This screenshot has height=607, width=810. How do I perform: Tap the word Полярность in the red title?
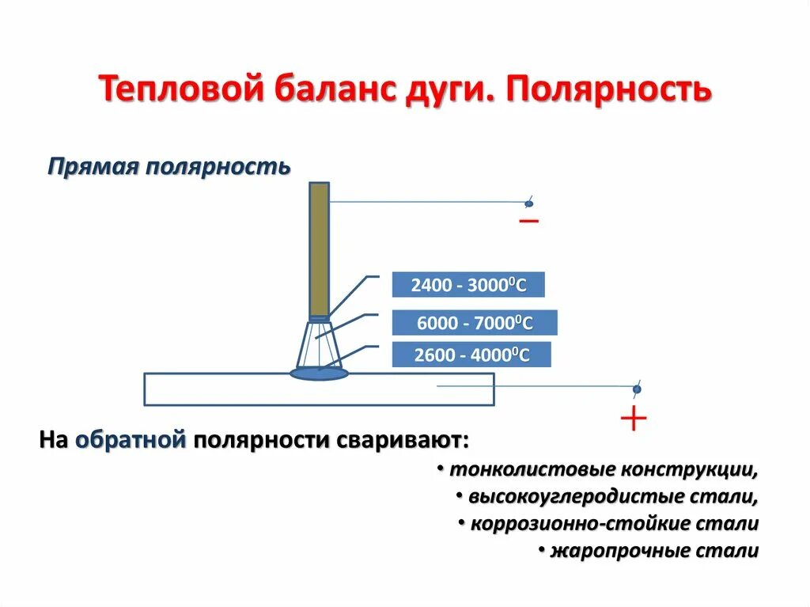tap(609, 89)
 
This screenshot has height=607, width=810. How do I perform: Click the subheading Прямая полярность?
tap(169, 167)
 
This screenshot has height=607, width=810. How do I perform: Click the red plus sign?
tap(634, 419)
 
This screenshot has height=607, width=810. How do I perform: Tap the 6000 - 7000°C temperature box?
tap(475, 322)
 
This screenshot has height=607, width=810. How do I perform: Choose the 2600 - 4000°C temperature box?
tap(471, 355)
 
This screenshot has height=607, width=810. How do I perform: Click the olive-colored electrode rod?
tap(319, 249)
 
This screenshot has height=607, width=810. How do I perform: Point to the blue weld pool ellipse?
tap(318, 372)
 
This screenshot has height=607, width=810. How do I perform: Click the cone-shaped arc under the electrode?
tap(318, 344)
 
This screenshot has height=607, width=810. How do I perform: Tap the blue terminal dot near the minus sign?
tap(528, 204)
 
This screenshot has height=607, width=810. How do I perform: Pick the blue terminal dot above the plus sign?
tap(636, 389)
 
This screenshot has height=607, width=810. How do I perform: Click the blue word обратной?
tap(131, 440)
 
